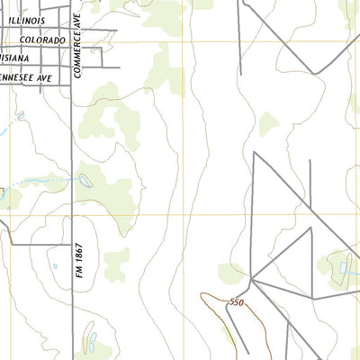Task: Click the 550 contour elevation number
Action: pyautogui.click(x=237, y=302)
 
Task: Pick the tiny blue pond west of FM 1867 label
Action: pyautogui.click(x=56, y=266)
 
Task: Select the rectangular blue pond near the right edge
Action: pyautogui.click(x=345, y=268)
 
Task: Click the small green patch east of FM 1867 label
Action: pyautogui.click(x=116, y=264)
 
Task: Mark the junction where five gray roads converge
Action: pyautogui.click(x=253, y=280)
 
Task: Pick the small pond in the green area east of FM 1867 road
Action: pyautogui.click(x=85, y=181)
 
